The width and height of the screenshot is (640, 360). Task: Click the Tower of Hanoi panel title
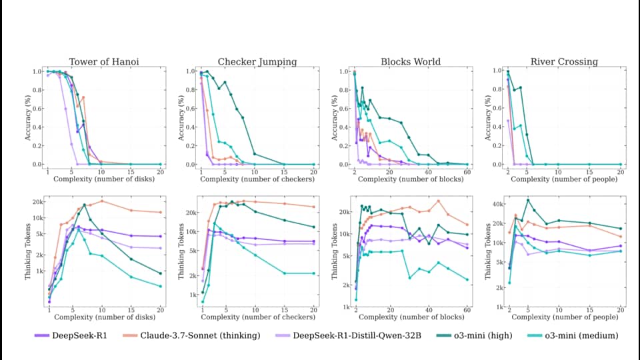(104, 61)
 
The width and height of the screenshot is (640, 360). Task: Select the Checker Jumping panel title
(257, 61)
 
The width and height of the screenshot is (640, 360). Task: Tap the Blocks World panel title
(411, 61)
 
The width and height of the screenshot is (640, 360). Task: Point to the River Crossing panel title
(564, 61)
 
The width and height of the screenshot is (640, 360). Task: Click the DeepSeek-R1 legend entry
(71, 335)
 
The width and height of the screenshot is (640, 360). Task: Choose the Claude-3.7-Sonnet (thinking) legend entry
(191, 335)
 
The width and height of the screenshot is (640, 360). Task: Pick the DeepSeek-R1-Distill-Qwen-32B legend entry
(348, 335)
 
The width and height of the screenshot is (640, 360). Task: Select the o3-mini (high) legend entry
(474, 335)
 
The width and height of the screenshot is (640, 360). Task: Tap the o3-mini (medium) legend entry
(573, 335)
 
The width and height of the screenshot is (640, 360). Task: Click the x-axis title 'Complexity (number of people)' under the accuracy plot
(564, 179)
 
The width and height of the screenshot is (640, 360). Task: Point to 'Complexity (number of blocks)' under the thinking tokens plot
(411, 317)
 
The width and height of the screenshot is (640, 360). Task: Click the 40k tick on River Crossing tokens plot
(498, 204)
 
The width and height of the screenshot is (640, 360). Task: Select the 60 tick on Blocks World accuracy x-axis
(467, 172)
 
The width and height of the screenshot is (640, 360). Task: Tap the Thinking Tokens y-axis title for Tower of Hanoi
(28, 251)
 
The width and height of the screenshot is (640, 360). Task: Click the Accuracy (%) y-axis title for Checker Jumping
(181, 118)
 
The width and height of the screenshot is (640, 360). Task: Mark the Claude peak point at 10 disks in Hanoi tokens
(102, 201)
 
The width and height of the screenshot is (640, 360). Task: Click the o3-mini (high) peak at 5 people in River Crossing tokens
(528, 201)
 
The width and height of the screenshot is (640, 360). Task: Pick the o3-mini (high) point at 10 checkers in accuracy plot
(255, 154)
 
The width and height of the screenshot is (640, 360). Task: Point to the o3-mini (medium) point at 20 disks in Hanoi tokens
(161, 286)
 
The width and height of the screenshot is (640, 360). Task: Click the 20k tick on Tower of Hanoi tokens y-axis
(38, 202)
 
